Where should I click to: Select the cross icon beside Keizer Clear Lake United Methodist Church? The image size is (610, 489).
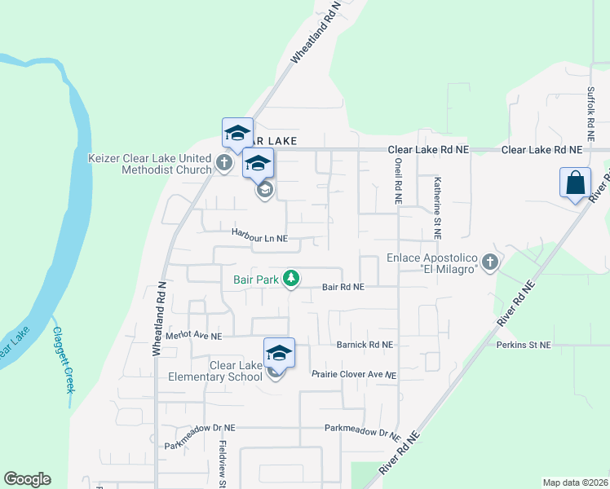[x=224, y=161]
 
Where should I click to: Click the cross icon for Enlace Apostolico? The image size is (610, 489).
[x=489, y=262]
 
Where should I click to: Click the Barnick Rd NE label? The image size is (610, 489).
[x=365, y=345]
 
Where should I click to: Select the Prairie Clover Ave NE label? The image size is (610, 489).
[x=354, y=375]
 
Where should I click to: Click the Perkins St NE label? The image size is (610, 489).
[x=524, y=345]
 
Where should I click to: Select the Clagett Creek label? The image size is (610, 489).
[x=63, y=359]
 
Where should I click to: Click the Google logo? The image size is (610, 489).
[x=27, y=479]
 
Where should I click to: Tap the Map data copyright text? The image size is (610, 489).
[x=576, y=482]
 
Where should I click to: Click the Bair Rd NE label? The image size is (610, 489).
[x=343, y=287]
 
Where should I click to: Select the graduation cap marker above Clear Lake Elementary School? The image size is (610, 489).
[x=279, y=353]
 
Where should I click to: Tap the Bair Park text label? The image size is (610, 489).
[x=256, y=280]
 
